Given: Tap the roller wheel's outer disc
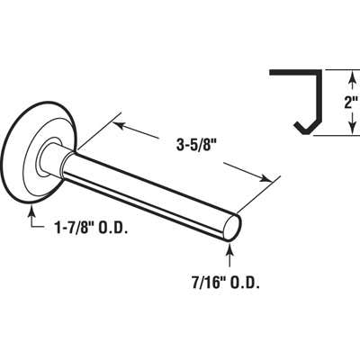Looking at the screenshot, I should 23,157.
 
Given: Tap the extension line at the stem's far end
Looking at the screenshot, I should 256,194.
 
